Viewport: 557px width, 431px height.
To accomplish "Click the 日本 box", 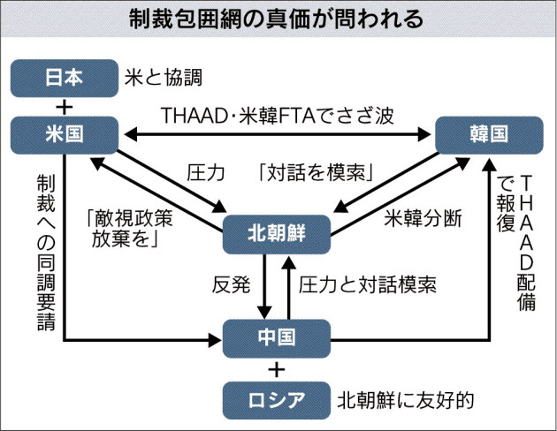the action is click(x=65, y=78).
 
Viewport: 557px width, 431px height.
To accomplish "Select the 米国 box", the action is click(x=65, y=135).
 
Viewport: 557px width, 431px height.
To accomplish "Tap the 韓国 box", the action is click(x=489, y=135).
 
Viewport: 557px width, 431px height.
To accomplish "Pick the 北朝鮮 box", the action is click(x=277, y=234).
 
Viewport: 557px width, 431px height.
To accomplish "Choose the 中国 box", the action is click(x=277, y=338).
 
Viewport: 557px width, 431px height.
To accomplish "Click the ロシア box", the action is click(x=277, y=400).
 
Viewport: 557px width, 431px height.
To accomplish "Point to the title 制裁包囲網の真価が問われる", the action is click(x=276, y=19).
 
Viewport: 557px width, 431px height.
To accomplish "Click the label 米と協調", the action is click(x=164, y=78).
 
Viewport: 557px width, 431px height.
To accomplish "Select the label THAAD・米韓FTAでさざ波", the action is click(x=278, y=116).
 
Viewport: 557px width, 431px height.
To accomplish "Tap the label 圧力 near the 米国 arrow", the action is click(x=206, y=173).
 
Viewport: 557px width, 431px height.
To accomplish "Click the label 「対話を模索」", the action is click(x=316, y=173).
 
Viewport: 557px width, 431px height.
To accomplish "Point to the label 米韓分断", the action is click(x=423, y=218).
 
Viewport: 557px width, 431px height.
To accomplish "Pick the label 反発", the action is click(x=231, y=285).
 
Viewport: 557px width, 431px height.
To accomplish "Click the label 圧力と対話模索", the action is click(x=367, y=285).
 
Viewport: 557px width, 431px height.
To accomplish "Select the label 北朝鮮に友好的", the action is click(x=406, y=400).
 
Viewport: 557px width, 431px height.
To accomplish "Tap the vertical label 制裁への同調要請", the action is click(x=47, y=253).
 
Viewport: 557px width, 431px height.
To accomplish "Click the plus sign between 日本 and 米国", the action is click(x=65, y=107).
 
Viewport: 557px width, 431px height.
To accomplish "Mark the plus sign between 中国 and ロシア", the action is click(x=277, y=370).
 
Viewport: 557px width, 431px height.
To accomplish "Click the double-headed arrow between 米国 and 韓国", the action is click(x=278, y=135).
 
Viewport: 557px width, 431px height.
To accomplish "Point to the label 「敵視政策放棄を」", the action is click(x=130, y=229).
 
